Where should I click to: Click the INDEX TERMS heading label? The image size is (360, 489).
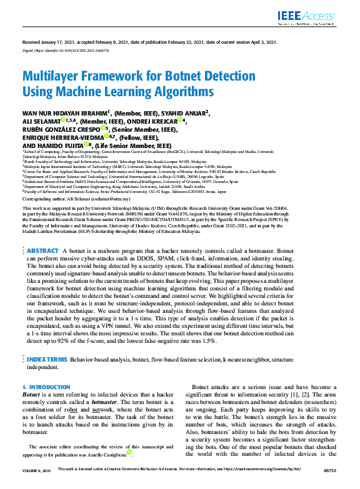pyautogui.click(x=47, y=360)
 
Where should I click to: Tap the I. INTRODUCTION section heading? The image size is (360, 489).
pyautogui.click(x=46, y=388)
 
